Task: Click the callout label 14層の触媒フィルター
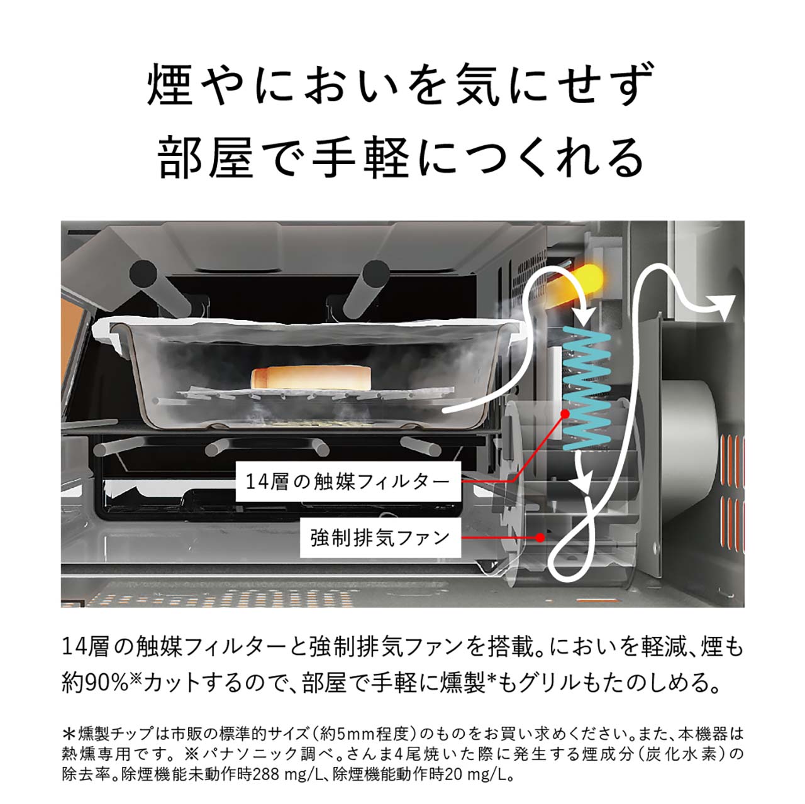pyautogui.click(x=348, y=482)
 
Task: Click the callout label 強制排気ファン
pyautogui.click(x=380, y=537)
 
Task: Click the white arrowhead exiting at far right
pyautogui.click(x=724, y=306)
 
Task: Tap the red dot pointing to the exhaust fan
pyautogui.click(x=540, y=537)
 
